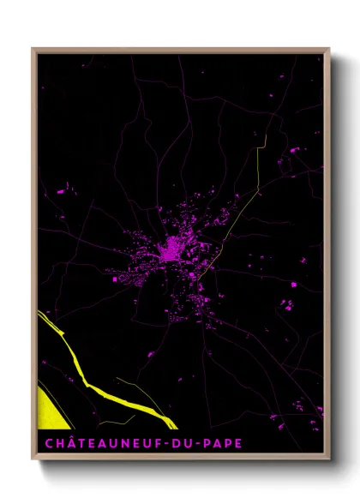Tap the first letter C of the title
point(43,444)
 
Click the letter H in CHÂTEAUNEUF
point(54,444)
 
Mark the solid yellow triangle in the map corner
point(50,409)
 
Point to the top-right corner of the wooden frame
point(330,49)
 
